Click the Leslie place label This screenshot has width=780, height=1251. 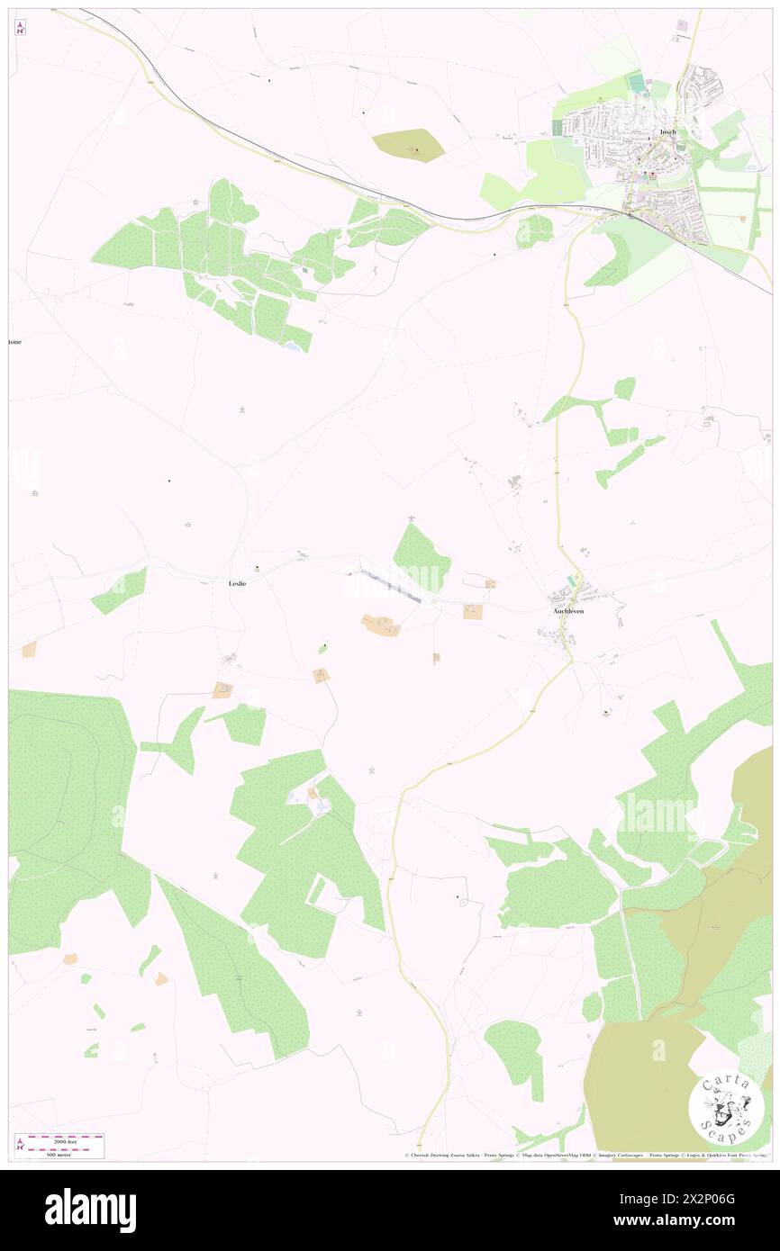pyautogui.click(x=238, y=583)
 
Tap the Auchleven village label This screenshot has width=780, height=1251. pyautogui.click(x=567, y=611)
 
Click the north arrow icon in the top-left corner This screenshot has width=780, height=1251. pyautogui.click(x=20, y=27)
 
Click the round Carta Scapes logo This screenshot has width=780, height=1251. pyautogui.click(x=726, y=1107)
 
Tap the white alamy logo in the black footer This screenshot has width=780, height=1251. pyautogui.click(x=90, y=1210)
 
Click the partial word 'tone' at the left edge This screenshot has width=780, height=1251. pyautogui.click(x=14, y=343)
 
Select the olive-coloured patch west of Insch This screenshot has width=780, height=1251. pyautogui.click(x=408, y=144)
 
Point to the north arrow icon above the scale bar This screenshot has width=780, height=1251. pyautogui.click(x=20, y=1144)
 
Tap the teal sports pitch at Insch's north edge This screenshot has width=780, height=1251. pyautogui.click(x=639, y=84)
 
